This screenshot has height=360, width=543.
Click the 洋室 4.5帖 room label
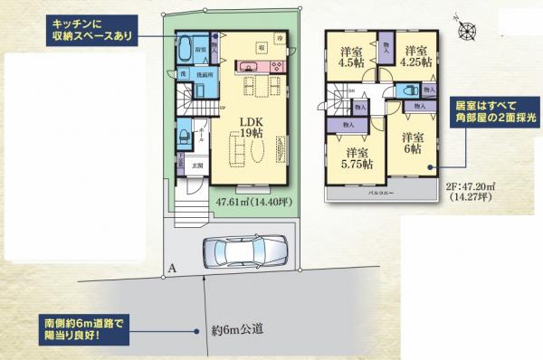point(353,57)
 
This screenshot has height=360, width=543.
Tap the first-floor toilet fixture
point(184,137)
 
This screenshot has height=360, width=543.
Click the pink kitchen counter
point(249,66)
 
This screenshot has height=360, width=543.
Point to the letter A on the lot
point(172,269)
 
